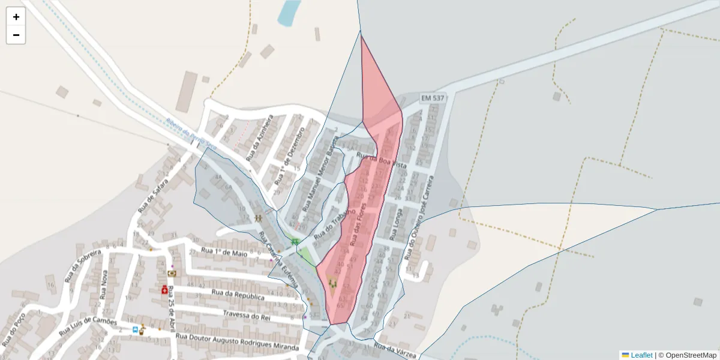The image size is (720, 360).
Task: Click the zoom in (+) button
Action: coord(16,17)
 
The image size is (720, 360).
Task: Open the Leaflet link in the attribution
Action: coord(641,355)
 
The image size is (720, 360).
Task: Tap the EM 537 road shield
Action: coord(433,98)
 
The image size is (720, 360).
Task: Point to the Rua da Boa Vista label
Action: coord(382,161)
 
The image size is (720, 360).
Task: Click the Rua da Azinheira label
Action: coord(259,138)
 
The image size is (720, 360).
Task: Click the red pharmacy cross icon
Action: coord(164,290)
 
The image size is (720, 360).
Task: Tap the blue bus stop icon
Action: coord(135,329)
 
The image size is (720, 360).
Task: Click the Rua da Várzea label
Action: coord(395,350)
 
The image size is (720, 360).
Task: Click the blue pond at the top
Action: coord(289,12)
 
